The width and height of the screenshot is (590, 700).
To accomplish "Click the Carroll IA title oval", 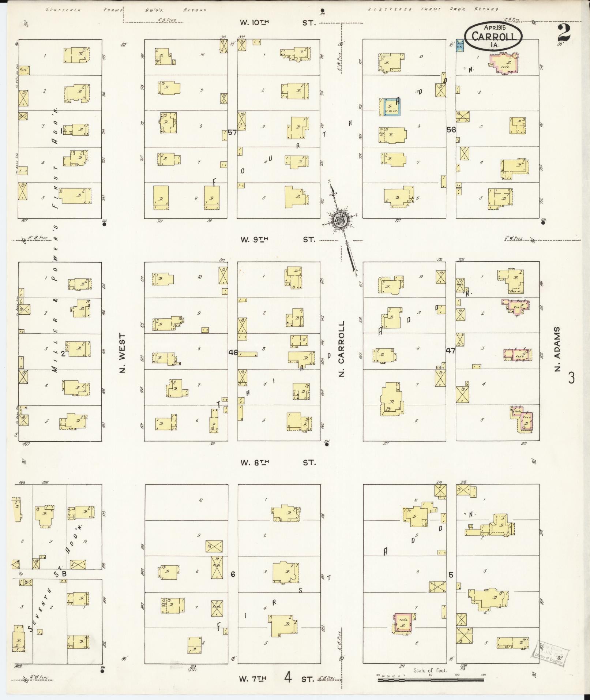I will tap(493, 35).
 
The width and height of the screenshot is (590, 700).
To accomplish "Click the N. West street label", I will tap(122, 353).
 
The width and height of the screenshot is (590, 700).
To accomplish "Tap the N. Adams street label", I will tap(557, 349).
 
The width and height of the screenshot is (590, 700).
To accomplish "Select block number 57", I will tap(232, 132).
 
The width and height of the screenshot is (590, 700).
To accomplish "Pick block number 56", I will tap(451, 130).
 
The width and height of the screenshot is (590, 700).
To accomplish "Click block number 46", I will tap(233, 353).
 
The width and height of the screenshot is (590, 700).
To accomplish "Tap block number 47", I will tap(450, 351).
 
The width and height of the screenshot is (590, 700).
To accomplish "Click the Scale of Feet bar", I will tap(431, 680).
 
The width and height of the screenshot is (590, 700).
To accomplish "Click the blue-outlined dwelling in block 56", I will tap(390, 107).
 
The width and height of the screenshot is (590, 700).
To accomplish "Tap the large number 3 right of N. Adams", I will tap(571, 378).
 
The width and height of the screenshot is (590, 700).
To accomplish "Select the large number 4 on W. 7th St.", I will tap(288, 678).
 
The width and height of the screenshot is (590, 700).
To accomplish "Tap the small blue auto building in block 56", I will tap(460, 46).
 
